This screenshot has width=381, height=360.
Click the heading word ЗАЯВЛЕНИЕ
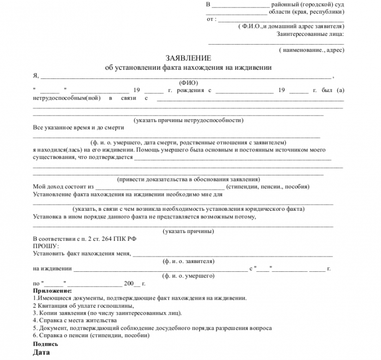188,58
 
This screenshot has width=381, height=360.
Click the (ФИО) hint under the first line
188,83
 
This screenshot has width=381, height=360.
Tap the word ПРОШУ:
46,246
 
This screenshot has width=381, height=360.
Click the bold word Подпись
46,344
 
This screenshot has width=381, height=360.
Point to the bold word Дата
41,353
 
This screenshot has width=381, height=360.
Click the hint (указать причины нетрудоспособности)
188,120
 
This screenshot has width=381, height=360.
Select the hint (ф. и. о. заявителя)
188,261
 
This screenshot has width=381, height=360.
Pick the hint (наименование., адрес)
311,50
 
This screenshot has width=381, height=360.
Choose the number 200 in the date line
128,284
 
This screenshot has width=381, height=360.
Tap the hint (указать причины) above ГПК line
188,231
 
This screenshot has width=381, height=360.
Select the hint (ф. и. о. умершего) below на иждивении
188,276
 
